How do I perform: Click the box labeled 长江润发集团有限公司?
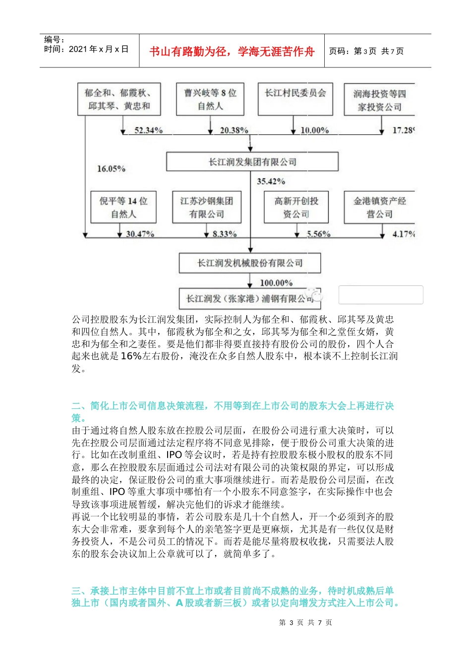(252, 162)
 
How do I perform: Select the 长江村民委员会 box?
(295, 99)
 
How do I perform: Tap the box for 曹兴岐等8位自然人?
(210, 99)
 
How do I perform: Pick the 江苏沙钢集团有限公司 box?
(207, 207)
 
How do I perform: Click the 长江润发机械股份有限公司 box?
(250, 263)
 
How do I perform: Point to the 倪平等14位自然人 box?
(123, 207)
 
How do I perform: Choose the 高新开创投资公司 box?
(296, 207)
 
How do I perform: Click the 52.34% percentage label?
(148, 130)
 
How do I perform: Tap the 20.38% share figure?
(234, 130)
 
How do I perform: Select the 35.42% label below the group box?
(271, 181)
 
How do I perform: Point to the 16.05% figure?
(111, 169)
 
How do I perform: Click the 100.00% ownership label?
(276, 283)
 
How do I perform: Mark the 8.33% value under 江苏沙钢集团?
(225, 234)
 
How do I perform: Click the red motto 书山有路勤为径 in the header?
(232, 52)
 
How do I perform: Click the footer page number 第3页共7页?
(305, 622)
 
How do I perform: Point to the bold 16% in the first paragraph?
(131, 356)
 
